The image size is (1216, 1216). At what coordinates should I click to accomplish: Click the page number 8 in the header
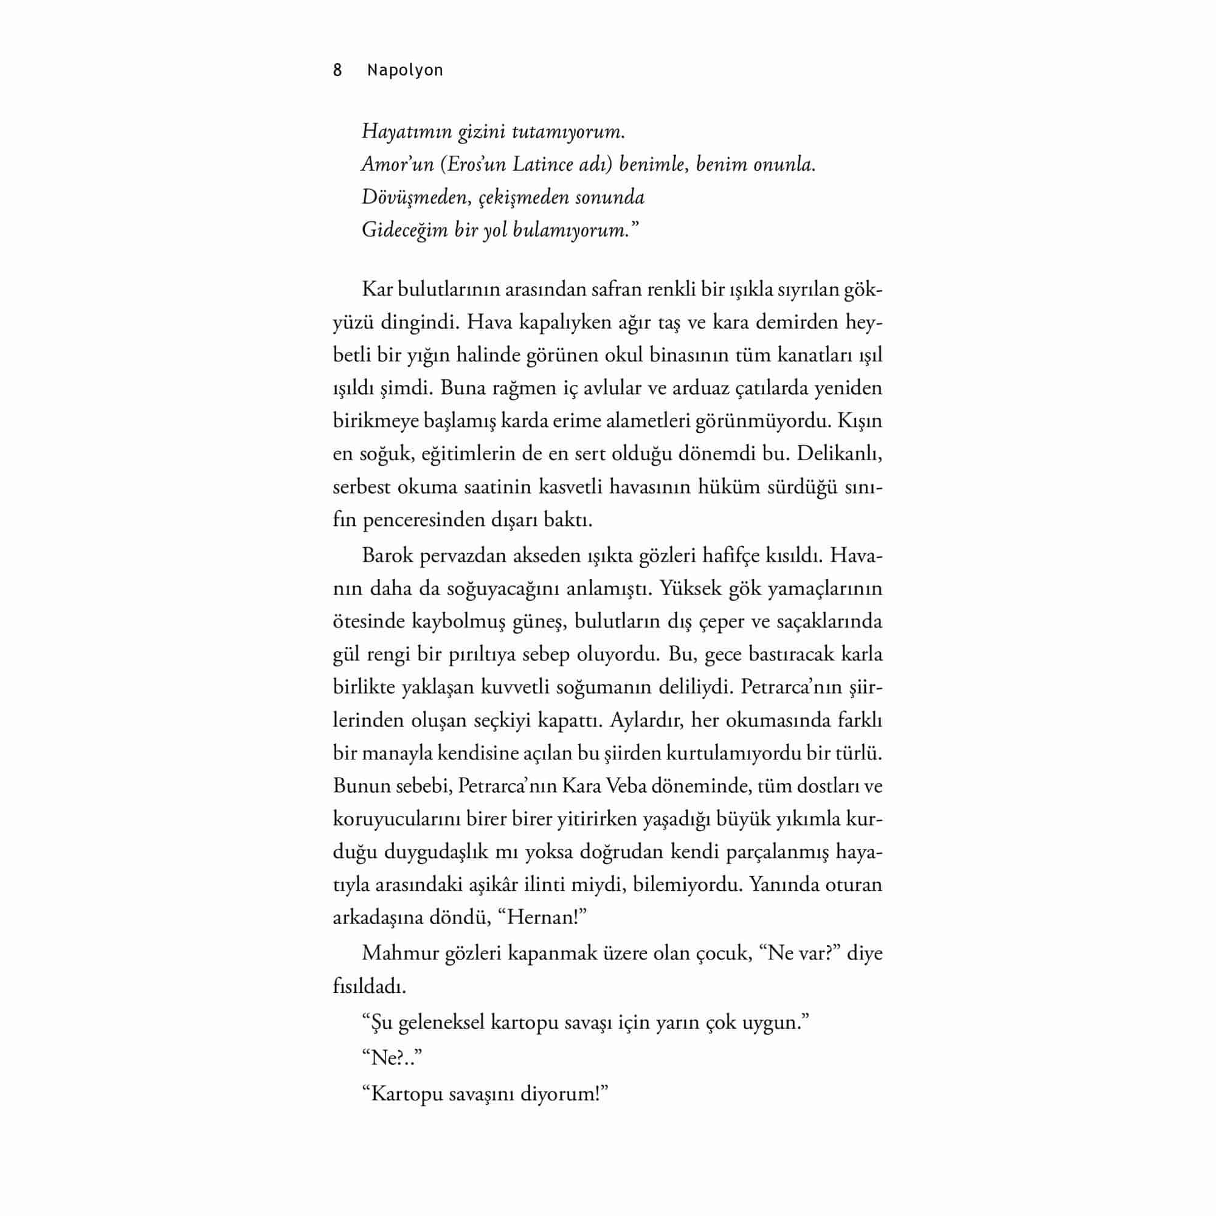point(337,71)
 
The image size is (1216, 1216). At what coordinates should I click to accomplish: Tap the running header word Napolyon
point(405,71)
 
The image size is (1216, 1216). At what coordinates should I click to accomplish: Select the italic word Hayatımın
point(398,132)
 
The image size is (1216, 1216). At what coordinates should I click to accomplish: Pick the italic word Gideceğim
point(404,230)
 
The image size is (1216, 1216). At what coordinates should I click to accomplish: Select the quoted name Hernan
point(541,917)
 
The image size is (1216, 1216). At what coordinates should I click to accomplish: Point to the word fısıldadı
point(369,986)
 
